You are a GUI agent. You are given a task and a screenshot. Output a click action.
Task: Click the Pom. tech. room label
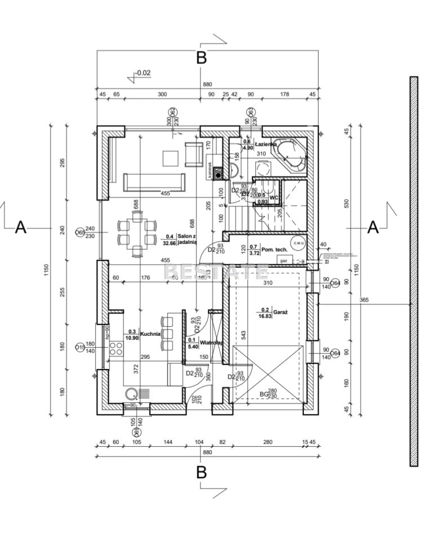click(x=274, y=249)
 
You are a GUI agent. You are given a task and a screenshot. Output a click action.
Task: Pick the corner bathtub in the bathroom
click(x=290, y=155)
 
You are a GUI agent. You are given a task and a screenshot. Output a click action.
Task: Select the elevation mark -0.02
click(x=142, y=73)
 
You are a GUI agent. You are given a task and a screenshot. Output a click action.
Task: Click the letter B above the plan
click(x=201, y=57)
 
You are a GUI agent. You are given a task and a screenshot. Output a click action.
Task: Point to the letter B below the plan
click(x=201, y=472)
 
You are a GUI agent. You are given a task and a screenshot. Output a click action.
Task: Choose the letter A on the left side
click(x=21, y=227)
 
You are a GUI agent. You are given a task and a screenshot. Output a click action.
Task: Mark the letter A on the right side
click(x=373, y=227)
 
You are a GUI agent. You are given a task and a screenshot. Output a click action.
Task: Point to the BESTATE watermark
click(x=215, y=272)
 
